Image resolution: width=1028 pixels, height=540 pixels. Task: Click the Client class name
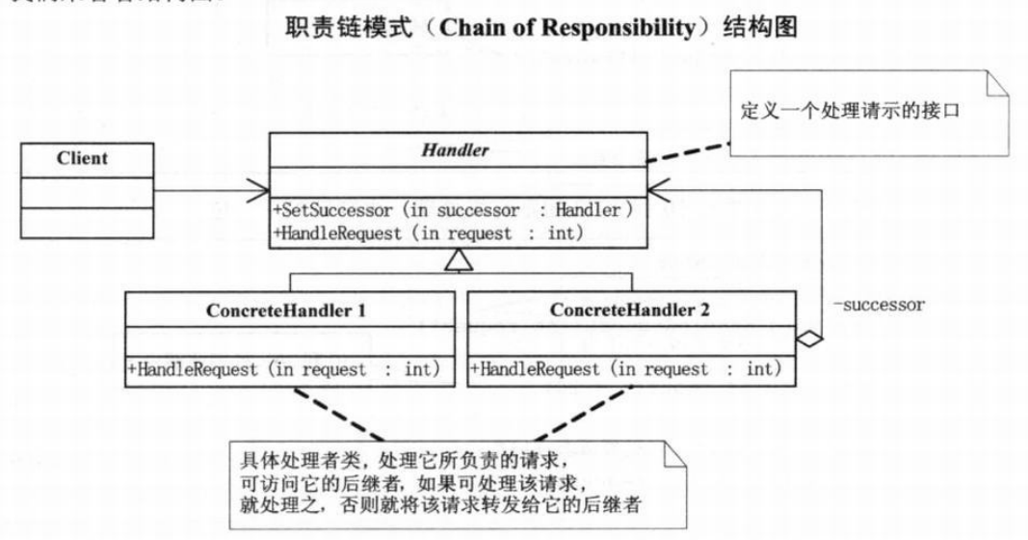click(83, 158)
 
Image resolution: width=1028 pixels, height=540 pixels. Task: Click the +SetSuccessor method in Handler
click(454, 211)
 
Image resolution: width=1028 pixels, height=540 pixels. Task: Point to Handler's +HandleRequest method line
click(429, 233)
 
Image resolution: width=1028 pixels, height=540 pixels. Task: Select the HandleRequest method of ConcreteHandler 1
click(290, 369)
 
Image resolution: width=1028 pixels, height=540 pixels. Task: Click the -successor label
click(878, 305)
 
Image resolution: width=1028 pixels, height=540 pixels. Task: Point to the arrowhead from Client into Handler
click(257, 190)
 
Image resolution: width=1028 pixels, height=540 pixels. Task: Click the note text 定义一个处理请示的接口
click(851, 111)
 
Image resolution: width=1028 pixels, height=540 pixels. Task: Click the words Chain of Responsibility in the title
click(567, 28)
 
